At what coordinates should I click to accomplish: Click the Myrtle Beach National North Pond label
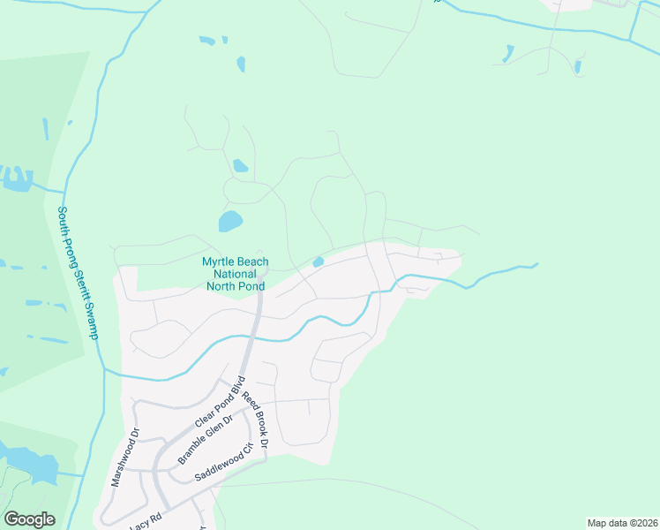coord(236,274)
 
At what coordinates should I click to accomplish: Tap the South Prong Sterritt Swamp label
coord(77,272)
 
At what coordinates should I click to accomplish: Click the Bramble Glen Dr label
coord(204,440)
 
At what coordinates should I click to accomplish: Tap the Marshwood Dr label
coord(124,458)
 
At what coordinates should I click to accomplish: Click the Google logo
coord(29,519)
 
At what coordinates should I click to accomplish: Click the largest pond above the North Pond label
coord(229,221)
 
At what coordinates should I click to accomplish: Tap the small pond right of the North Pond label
coord(318,261)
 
